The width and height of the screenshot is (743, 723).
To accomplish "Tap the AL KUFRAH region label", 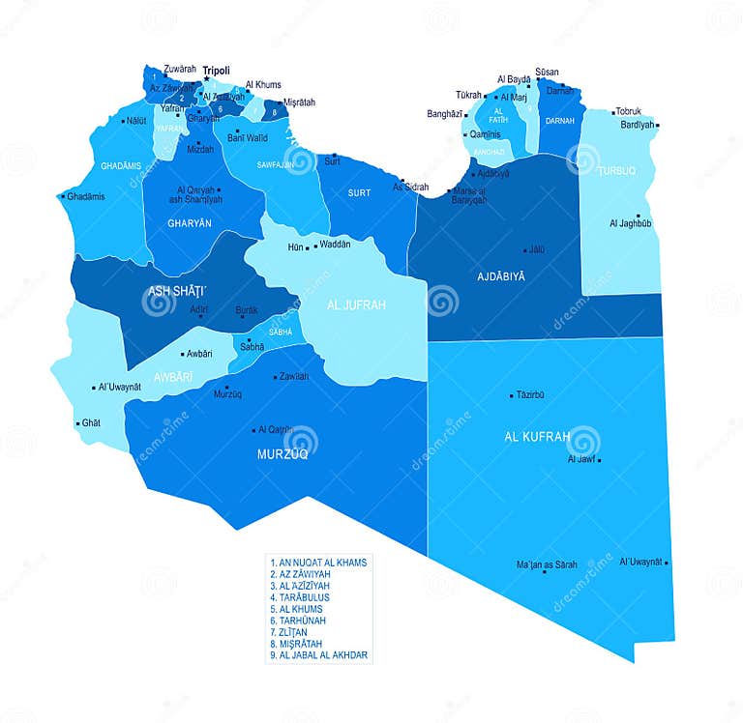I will point(537,437).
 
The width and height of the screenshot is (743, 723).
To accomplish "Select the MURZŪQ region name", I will point(282,453).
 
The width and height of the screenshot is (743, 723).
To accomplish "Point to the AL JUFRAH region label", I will point(356,305).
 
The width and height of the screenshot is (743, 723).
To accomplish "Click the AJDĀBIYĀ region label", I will point(501,276).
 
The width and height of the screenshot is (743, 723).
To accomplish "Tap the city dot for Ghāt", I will point(78,423).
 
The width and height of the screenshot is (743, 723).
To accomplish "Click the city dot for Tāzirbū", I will point(512,394).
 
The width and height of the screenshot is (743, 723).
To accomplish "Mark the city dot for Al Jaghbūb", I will point(639,216).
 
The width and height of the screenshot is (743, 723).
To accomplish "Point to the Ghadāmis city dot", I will point(64,196).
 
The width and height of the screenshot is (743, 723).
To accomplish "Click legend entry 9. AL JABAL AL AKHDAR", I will point(319,655).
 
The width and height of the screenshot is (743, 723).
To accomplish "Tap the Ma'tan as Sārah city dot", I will point(547,573).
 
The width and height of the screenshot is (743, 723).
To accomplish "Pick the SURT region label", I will point(359,193).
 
